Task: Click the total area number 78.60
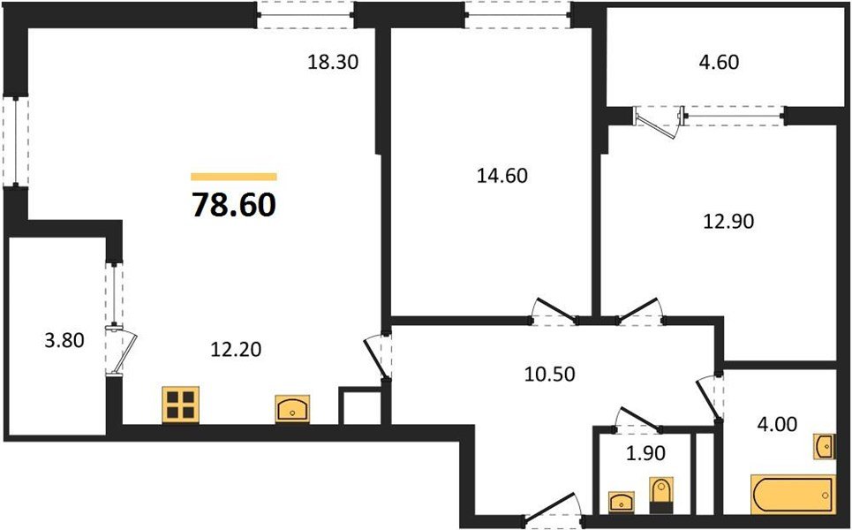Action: point(233,205)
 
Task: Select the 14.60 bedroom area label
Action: point(501,176)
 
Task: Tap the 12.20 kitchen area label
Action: point(236,350)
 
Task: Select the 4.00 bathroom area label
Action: point(778,424)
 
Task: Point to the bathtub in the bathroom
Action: point(792,495)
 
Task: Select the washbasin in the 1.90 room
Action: point(622,501)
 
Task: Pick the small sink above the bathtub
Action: point(822,446)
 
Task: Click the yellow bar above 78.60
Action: point(233,177)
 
